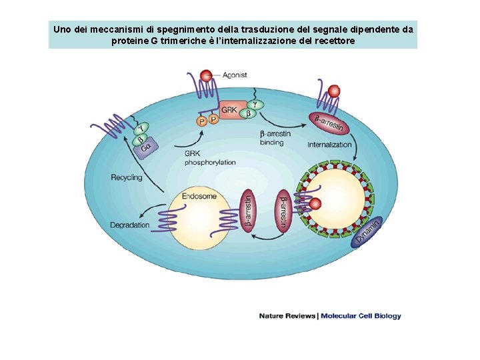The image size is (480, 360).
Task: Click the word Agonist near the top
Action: click(234, 75)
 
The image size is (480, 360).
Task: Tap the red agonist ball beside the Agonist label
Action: click(207, 75)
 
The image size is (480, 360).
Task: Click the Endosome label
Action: click(199, 197)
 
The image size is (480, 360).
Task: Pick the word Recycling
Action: click(127, 177)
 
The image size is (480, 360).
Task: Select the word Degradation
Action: click(130, 225)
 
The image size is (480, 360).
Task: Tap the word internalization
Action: click(329, 145)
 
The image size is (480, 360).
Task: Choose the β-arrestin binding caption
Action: click(275, 138)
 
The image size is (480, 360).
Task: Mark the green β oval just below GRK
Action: click(248, 115)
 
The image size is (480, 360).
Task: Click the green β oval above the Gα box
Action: click(141, 140)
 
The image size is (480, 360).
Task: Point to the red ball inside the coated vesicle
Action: click(316, 203)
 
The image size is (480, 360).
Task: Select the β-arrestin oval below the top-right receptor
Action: click(328, 123)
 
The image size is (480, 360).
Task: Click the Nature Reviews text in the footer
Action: click(287, 316)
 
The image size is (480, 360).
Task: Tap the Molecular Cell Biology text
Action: click(361, 316)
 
